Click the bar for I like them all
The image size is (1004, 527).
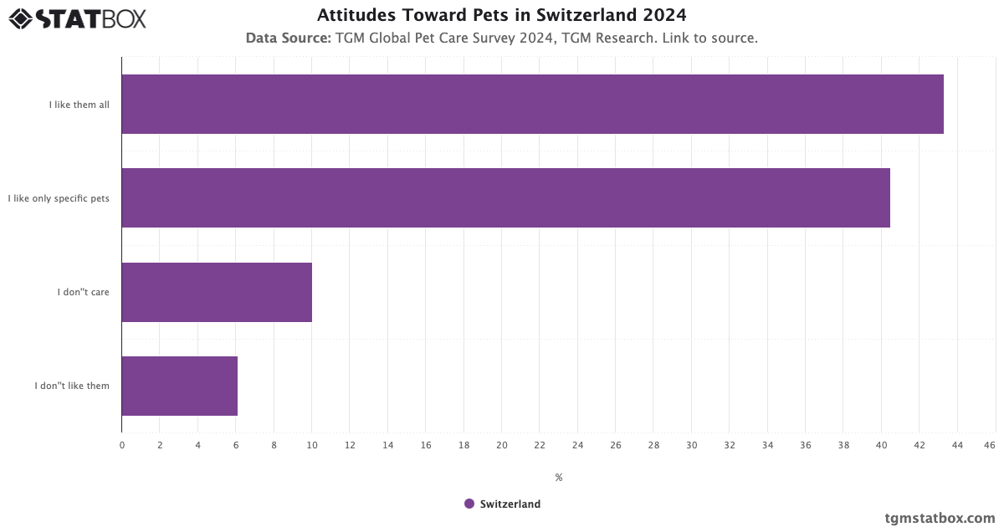coord(532,104)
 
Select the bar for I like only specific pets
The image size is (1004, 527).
coord(505,197)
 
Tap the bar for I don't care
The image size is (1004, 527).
coord(217,292)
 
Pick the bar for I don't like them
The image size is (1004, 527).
coord(179,386)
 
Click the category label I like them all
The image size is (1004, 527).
coord(79,105)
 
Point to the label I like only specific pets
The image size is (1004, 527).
coord(59,198)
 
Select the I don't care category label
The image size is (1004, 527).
coord(83,293)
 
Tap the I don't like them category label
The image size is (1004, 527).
coord(72,386)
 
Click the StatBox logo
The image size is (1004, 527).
coord(77,18)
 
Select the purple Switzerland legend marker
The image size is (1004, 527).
coord(469,504)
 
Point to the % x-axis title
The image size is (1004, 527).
coord(558,478)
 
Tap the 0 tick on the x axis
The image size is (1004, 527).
coord(122,445)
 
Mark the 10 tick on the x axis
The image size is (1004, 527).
coord(312,445)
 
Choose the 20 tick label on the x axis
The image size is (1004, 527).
coord(502,445)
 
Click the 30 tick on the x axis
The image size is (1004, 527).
coord(691,445)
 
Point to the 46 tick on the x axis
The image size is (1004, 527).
coord(990,445)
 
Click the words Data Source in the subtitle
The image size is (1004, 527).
coord(288,38)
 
